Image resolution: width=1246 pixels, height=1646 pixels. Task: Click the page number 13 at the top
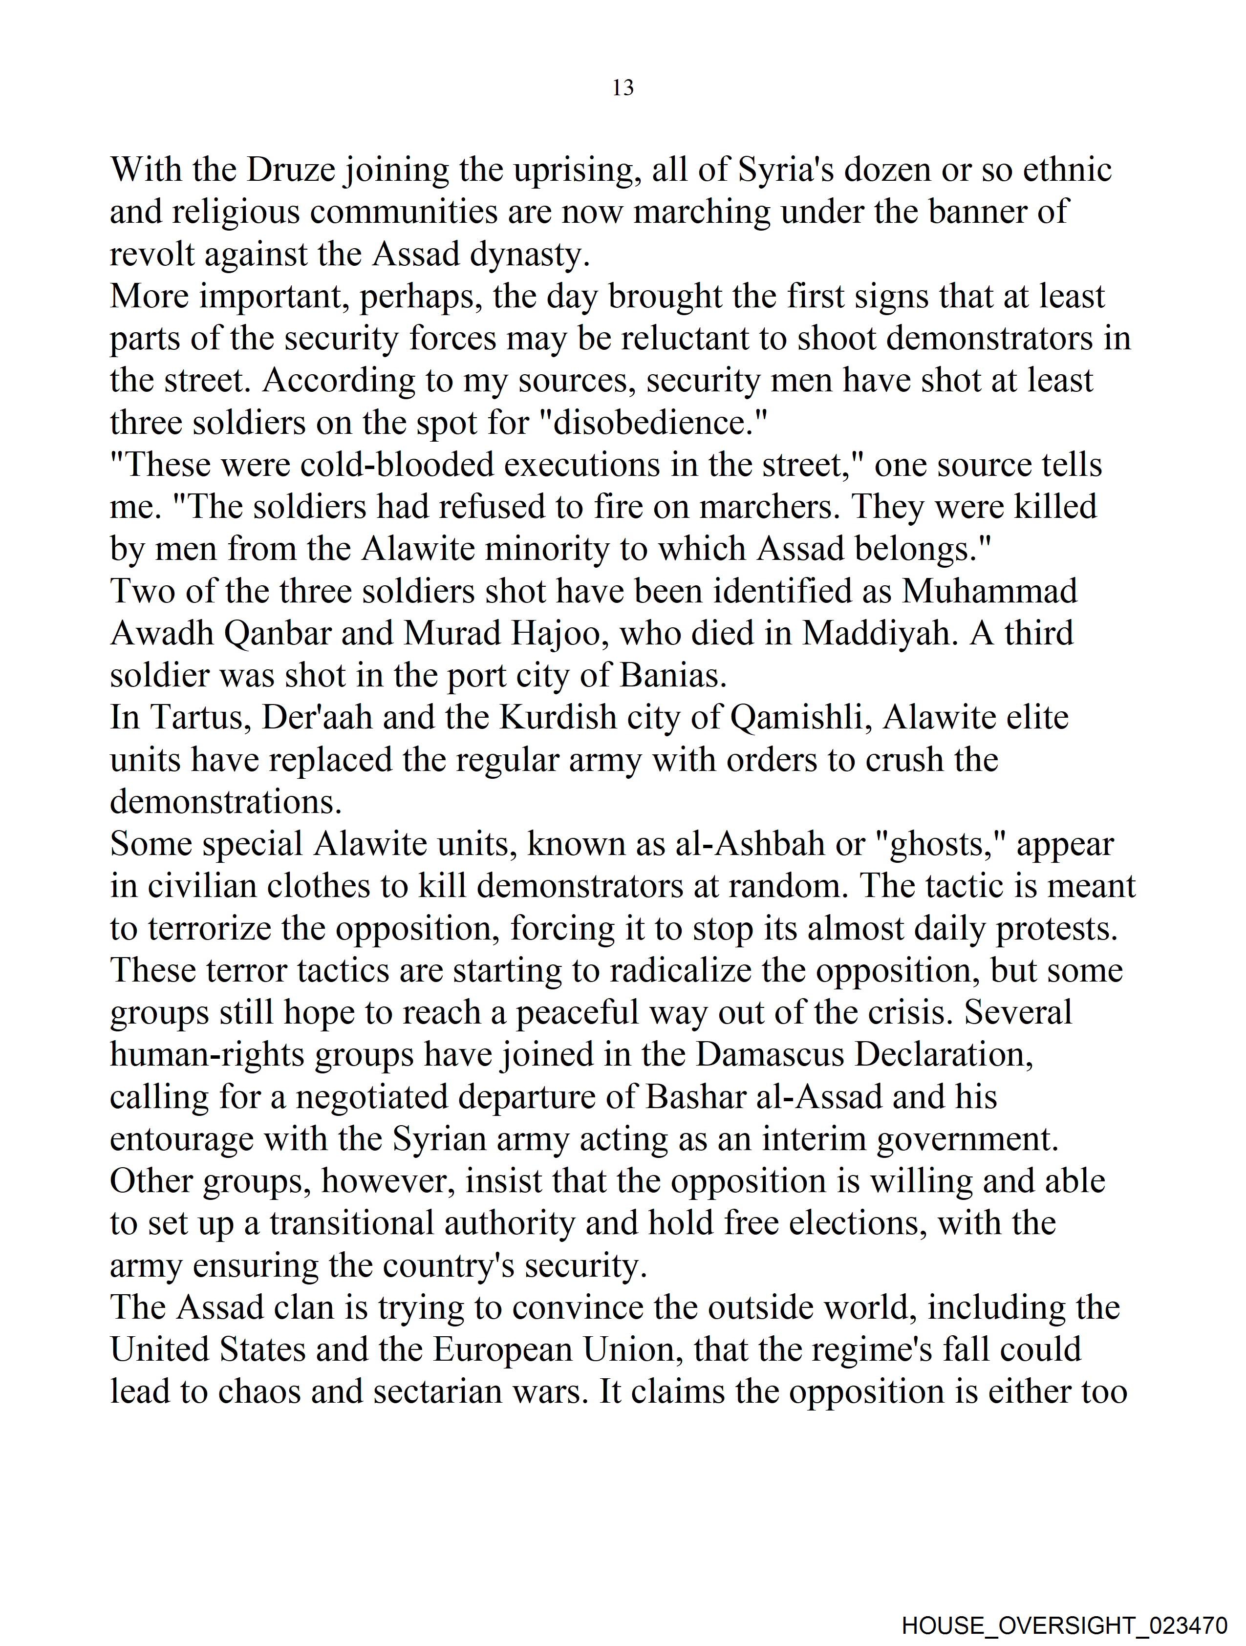[x=623, y=88]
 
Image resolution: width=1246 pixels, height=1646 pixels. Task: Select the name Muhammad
[x=990, y=592]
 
